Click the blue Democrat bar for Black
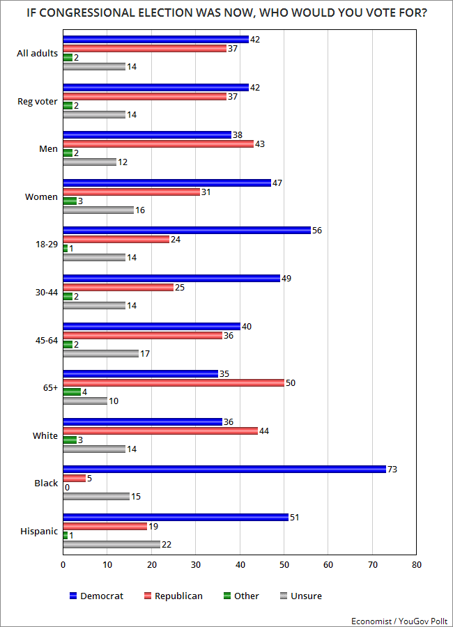224,469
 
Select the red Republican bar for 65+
174,382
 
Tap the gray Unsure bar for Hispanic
112,544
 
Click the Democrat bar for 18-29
187,230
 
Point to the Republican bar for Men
158,144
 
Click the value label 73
392,469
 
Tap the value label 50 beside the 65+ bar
291,382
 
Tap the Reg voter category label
37,102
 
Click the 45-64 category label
44,340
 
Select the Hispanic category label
39,531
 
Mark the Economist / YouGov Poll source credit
398,619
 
